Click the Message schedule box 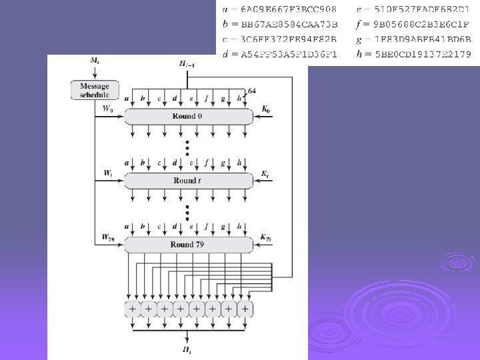coord(95,90)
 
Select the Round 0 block coord(189,117)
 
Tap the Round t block coord(189,181)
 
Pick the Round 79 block coord(189,245)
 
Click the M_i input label coord(95,61)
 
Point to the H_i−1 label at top coord(187,64)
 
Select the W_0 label coord(107,109)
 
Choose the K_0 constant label coord(266,109)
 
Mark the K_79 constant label coord(266,237)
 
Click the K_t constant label coord(265,173)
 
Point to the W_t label coord(107,173)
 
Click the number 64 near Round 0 coord(252,91)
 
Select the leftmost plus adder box coord(132,309)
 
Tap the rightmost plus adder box coord(246,309)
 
